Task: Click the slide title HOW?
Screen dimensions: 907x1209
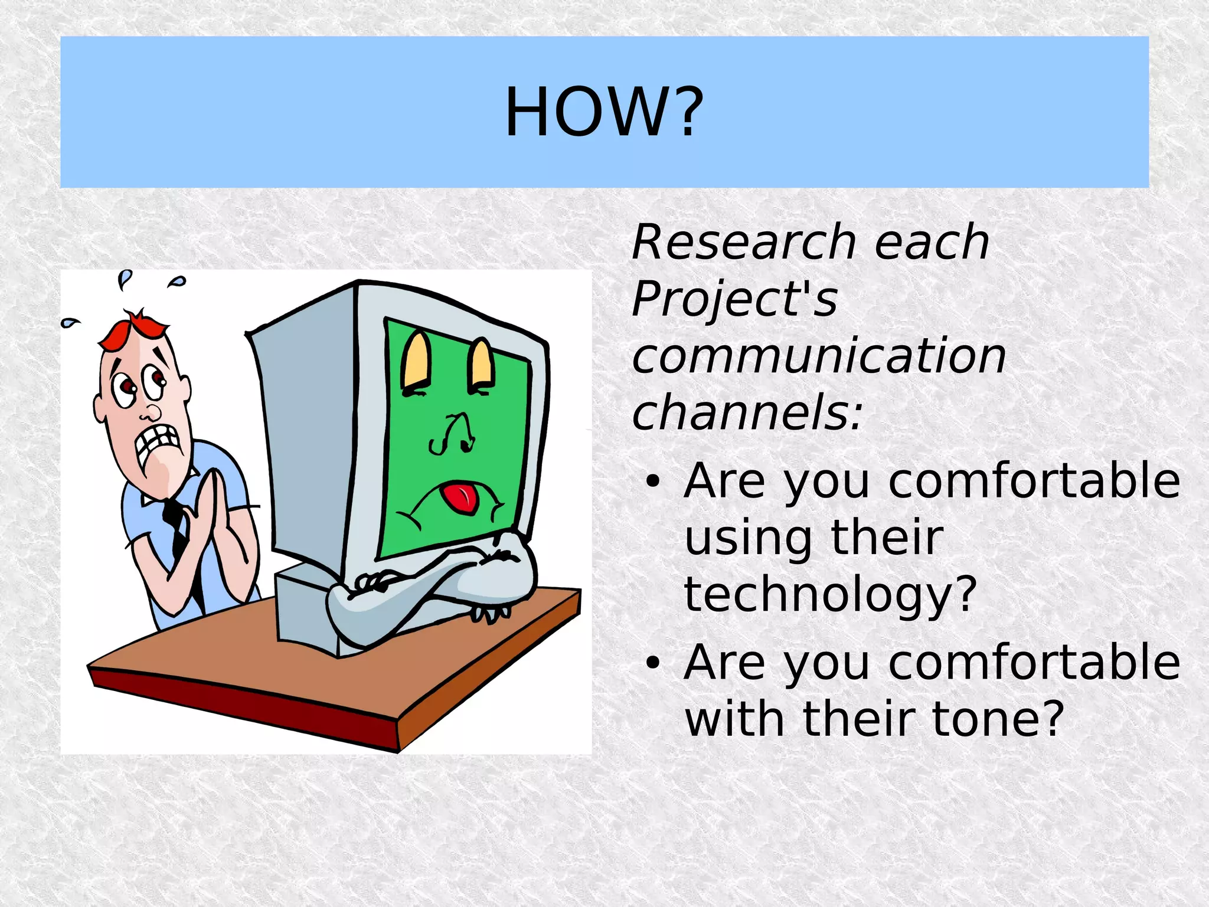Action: tap(604, 112)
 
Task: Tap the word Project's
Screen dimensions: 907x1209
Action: tap(734, 299)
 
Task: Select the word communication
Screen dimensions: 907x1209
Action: tap(818, 356)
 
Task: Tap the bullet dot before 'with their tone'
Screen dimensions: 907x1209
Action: tap(652, 663)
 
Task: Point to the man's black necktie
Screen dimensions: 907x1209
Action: tap(177, 528)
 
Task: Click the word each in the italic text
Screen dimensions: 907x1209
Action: tap(931, 243)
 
